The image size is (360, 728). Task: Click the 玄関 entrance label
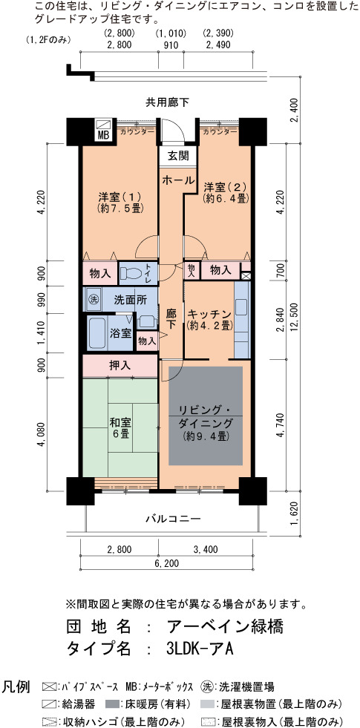(x=178, y=156)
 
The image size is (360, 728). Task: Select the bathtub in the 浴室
(x=97, y=333)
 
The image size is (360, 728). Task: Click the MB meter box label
(x=102, y=134)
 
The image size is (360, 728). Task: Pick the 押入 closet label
(x=120, y=366)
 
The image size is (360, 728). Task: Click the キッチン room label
(x=209, y=319)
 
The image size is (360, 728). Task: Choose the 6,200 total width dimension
(x=165, y=564)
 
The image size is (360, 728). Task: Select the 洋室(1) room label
(x=120, y=201)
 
